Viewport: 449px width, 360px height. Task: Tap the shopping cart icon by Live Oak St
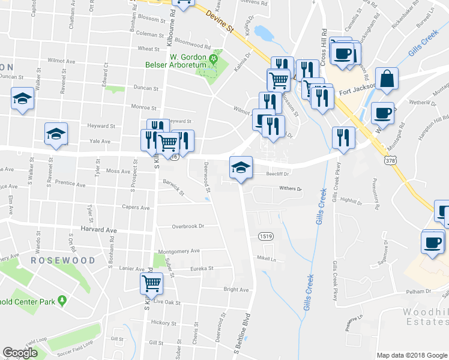click(152, 283)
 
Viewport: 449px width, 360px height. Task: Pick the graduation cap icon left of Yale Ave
click(56, 134)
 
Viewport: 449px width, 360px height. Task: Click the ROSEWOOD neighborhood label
click(63, 260)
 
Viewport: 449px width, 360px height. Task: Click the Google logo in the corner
click(20, 353)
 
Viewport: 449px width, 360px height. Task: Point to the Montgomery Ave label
click(178, 251)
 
